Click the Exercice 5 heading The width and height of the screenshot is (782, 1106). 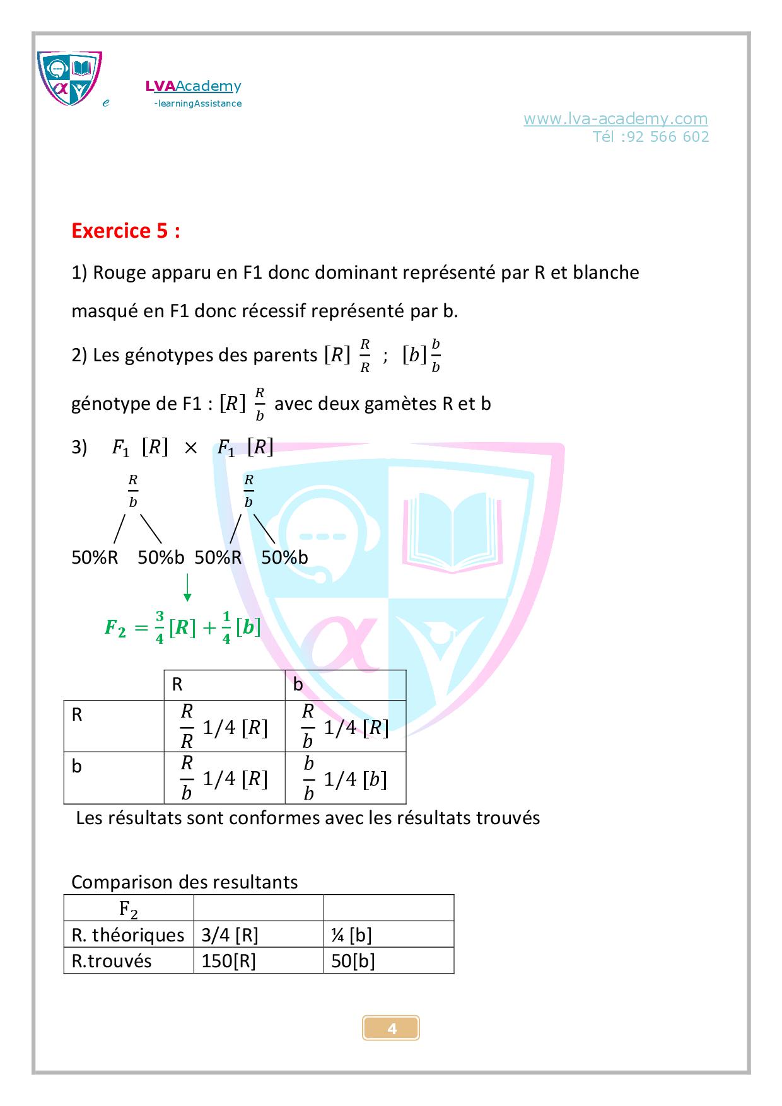tap(125, 231)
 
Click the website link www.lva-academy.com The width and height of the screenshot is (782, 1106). tap(615, 119)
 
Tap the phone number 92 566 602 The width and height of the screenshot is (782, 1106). tap(668, 137)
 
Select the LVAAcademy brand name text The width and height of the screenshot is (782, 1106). tap(193, 86)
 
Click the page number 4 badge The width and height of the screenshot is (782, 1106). tap(391, 1028)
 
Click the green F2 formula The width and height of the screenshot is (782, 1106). tap(182, 627)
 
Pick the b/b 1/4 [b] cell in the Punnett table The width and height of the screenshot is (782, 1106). tap(345, 778)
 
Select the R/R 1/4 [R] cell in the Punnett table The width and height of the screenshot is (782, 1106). tap(224, 726)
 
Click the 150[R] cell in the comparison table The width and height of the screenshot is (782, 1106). tap(228, 961)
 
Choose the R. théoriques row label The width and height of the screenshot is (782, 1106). tap(128, 934)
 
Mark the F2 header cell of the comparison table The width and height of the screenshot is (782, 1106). tap(129, 909)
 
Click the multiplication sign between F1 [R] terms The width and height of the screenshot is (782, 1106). tap(190, 448)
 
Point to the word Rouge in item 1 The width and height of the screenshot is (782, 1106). tap(122, 272)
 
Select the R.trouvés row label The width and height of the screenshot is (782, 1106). tap(112, 961)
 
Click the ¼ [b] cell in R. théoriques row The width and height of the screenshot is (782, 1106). tap(351, 934)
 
